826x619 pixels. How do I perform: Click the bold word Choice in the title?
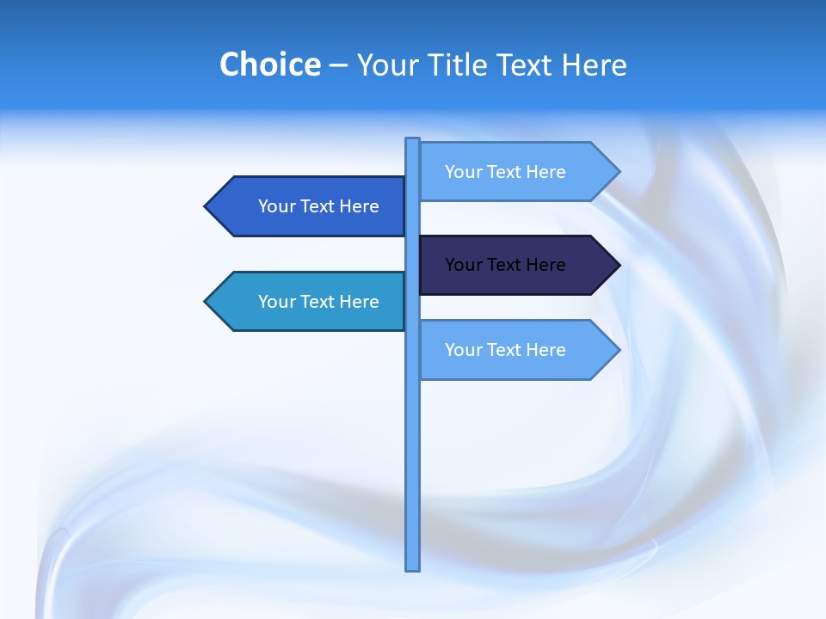(269, 64)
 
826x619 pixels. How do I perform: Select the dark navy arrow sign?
(516, 265)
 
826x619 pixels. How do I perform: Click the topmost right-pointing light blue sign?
(516, 172)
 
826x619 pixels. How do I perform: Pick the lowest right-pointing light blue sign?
(516, 350)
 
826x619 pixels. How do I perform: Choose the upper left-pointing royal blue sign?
(310, 206)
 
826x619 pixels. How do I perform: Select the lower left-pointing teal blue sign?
(310, 302)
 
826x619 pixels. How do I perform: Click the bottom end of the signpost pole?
(413, 567)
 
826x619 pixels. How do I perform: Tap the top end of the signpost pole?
(413, 141)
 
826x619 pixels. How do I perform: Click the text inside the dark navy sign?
(505, 265)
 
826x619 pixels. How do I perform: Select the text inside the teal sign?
(318, 302)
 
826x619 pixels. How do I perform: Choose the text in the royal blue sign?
(318, 206)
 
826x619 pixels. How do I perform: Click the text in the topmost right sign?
(505, 172)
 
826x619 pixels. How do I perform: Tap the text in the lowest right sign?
(505, 350)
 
